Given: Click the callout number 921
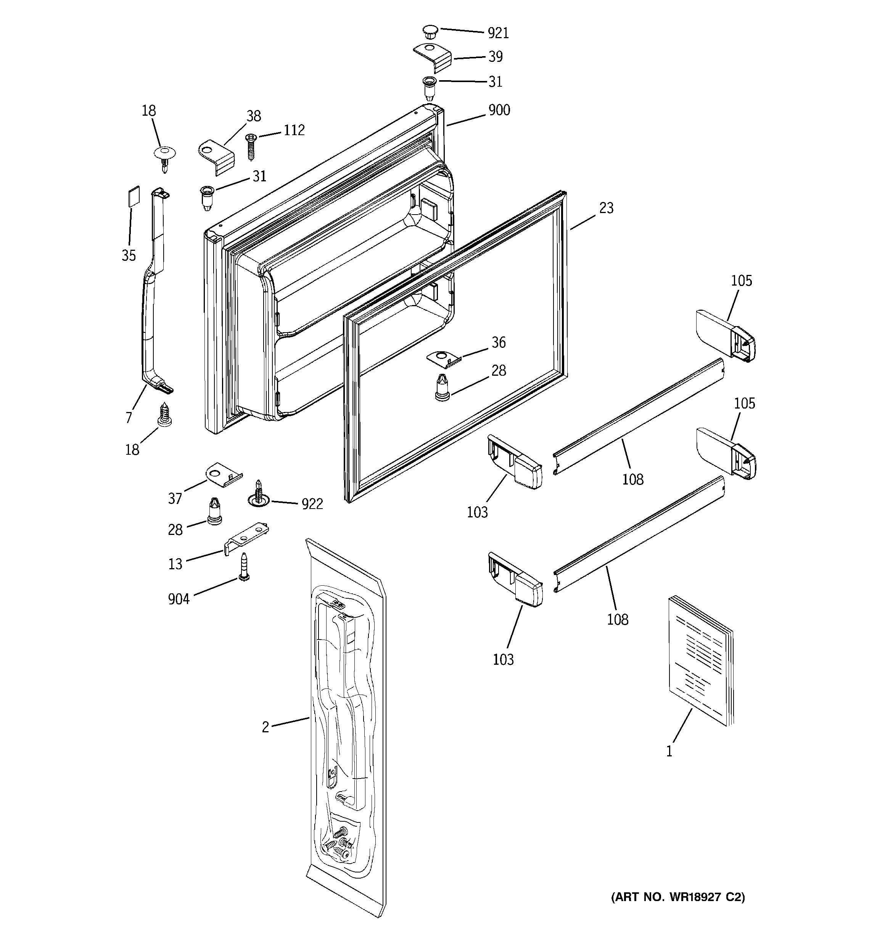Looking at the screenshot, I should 498,33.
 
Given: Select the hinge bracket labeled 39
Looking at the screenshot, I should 432,56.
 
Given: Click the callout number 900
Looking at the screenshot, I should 499,110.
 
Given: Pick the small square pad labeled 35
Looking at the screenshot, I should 134,196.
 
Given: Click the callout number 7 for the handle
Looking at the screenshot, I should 129,417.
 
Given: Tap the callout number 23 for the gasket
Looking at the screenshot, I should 606,208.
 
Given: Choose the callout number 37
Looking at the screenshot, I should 175,498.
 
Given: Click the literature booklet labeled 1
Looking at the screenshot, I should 700,660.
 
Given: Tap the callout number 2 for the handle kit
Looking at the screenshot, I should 265,727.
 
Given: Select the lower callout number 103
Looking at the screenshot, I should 503,659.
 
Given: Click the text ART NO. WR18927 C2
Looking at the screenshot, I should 677,897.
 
